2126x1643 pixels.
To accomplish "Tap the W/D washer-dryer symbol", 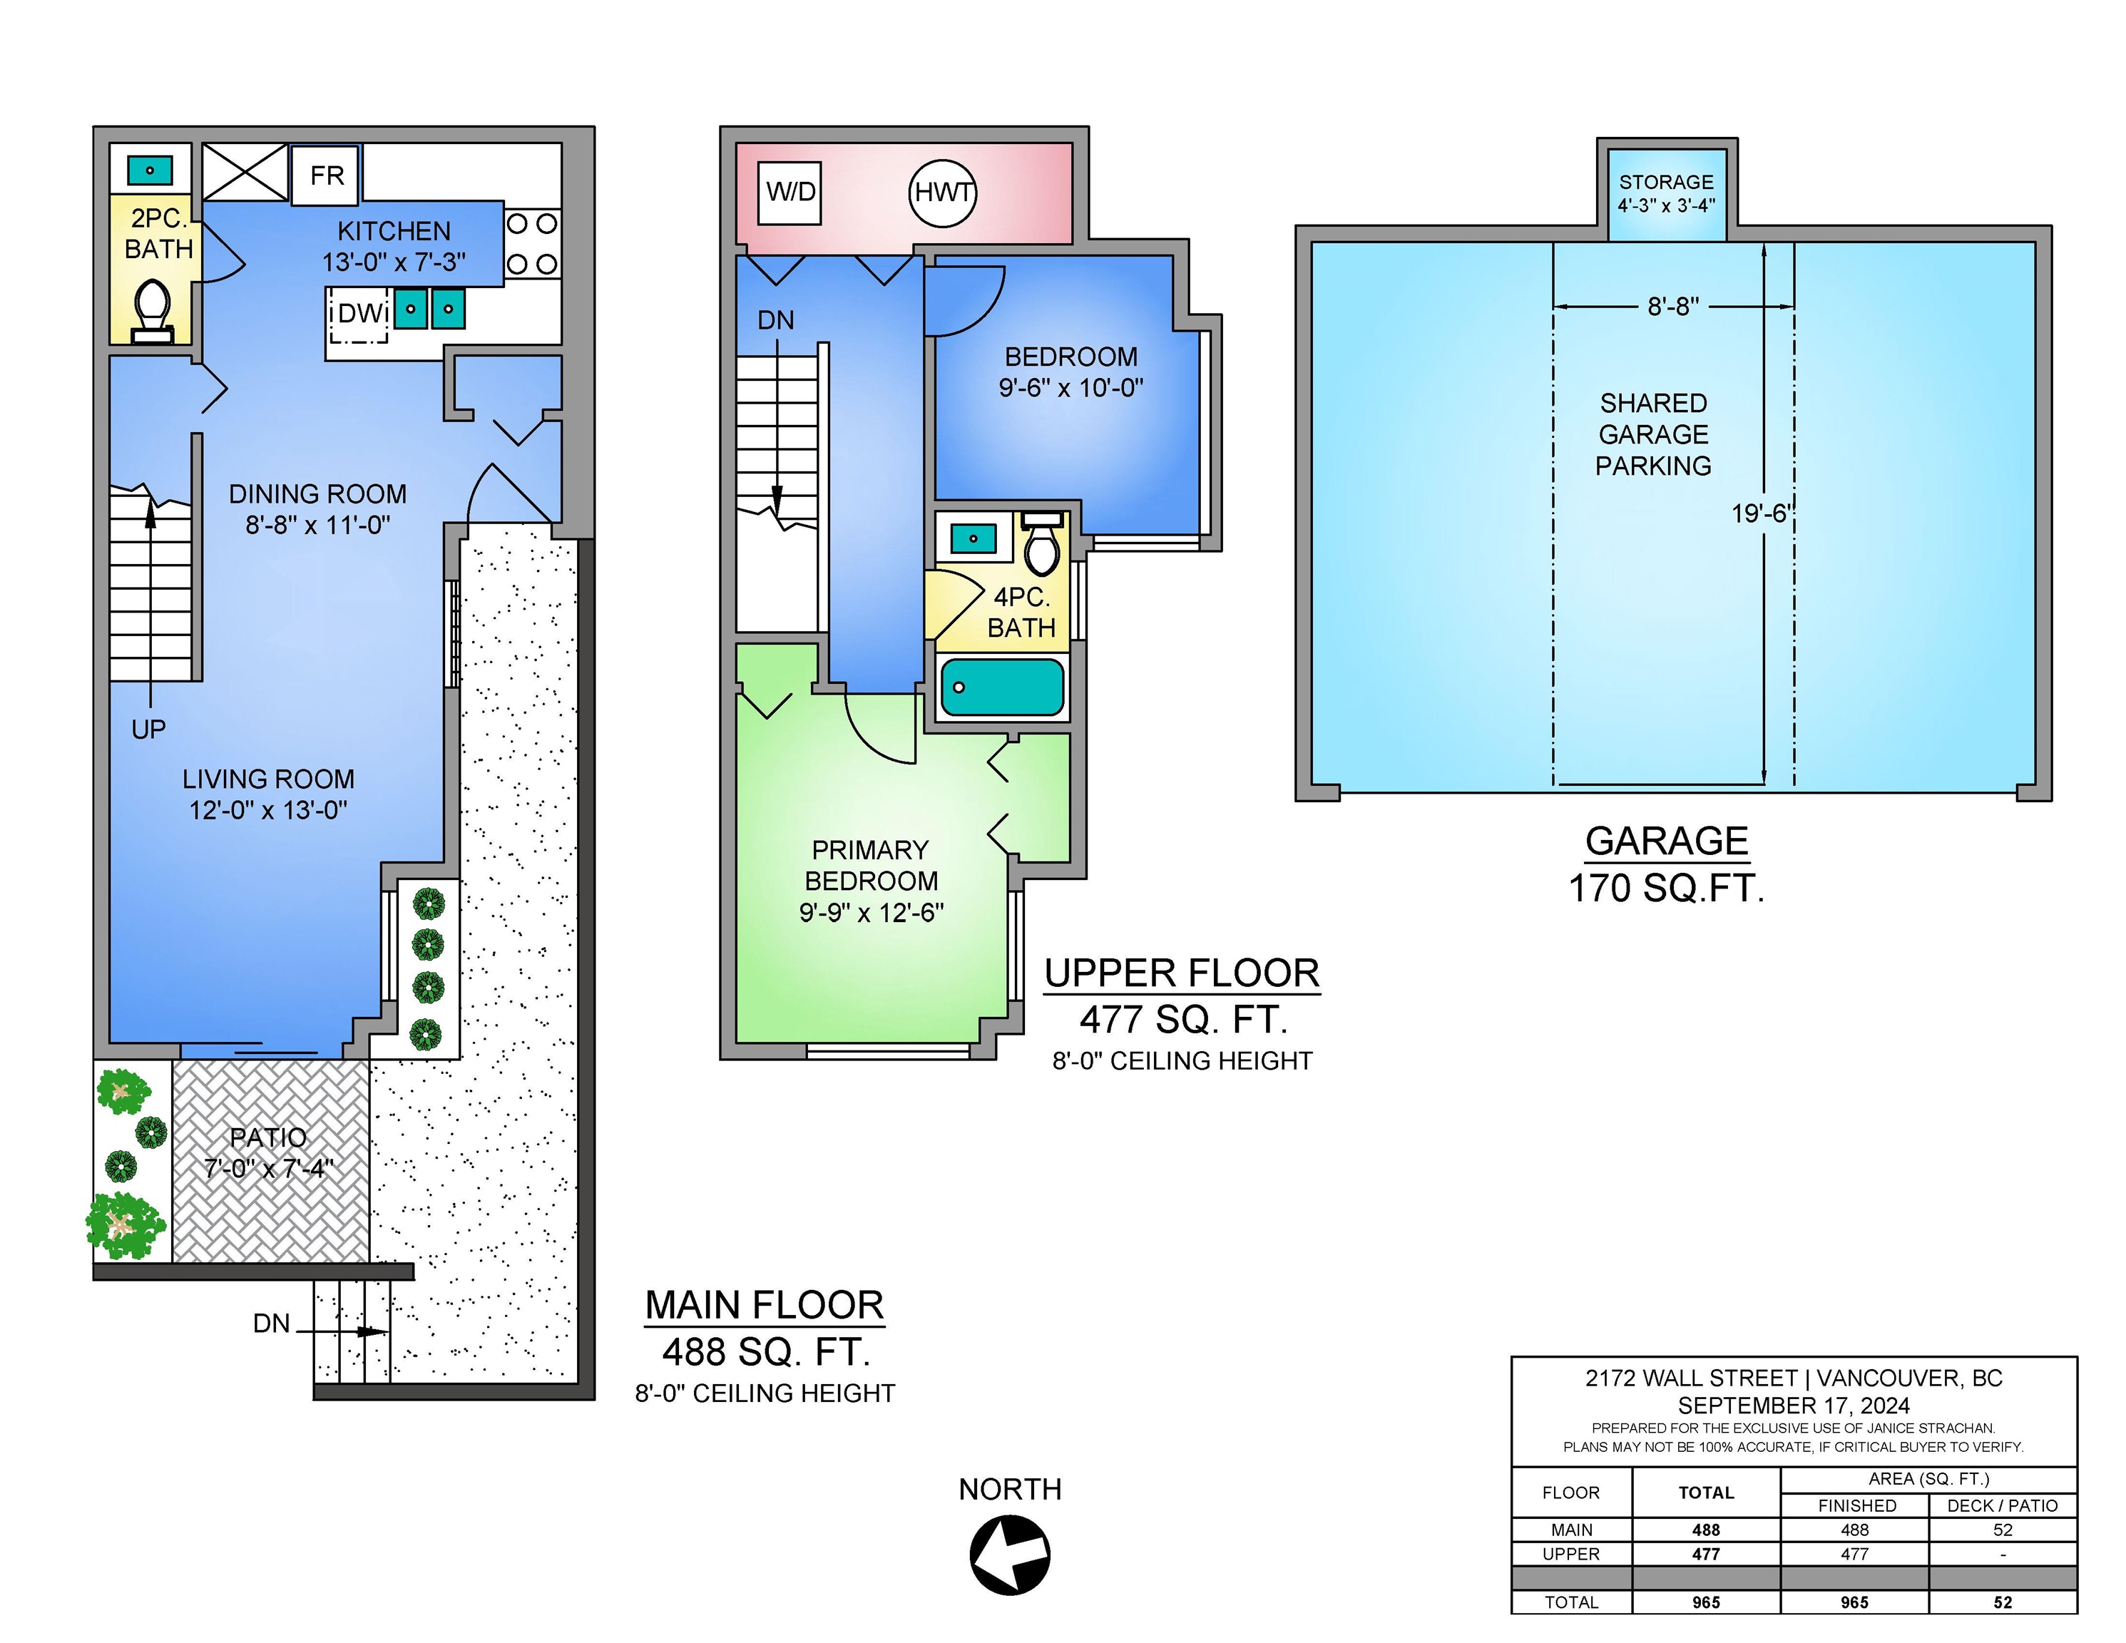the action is [789, 192].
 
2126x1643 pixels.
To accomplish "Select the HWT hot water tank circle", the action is [942, 193].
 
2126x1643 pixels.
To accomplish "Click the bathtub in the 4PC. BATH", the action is [1002, 687].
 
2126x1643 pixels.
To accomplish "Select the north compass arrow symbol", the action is [1009, 1555].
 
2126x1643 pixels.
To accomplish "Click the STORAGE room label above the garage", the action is [1665, 182].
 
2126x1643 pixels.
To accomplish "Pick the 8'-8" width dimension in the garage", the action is [1673, 307].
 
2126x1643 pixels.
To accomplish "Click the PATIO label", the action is [269, 1137].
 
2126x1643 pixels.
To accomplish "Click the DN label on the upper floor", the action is [776, 320].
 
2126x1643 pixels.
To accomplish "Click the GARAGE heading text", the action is [1667, 841].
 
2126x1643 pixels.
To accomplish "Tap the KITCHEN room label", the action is [394, 232].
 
